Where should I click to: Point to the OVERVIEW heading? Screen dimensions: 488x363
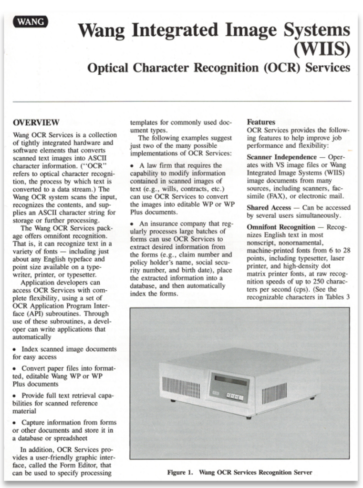(x=36, y=122)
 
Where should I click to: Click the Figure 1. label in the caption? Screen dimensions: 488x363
(x=180, y=472)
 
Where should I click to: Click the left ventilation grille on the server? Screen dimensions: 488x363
(x=174, y=387)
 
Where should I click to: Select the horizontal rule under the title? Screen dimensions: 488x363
(x=182, y=102)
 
